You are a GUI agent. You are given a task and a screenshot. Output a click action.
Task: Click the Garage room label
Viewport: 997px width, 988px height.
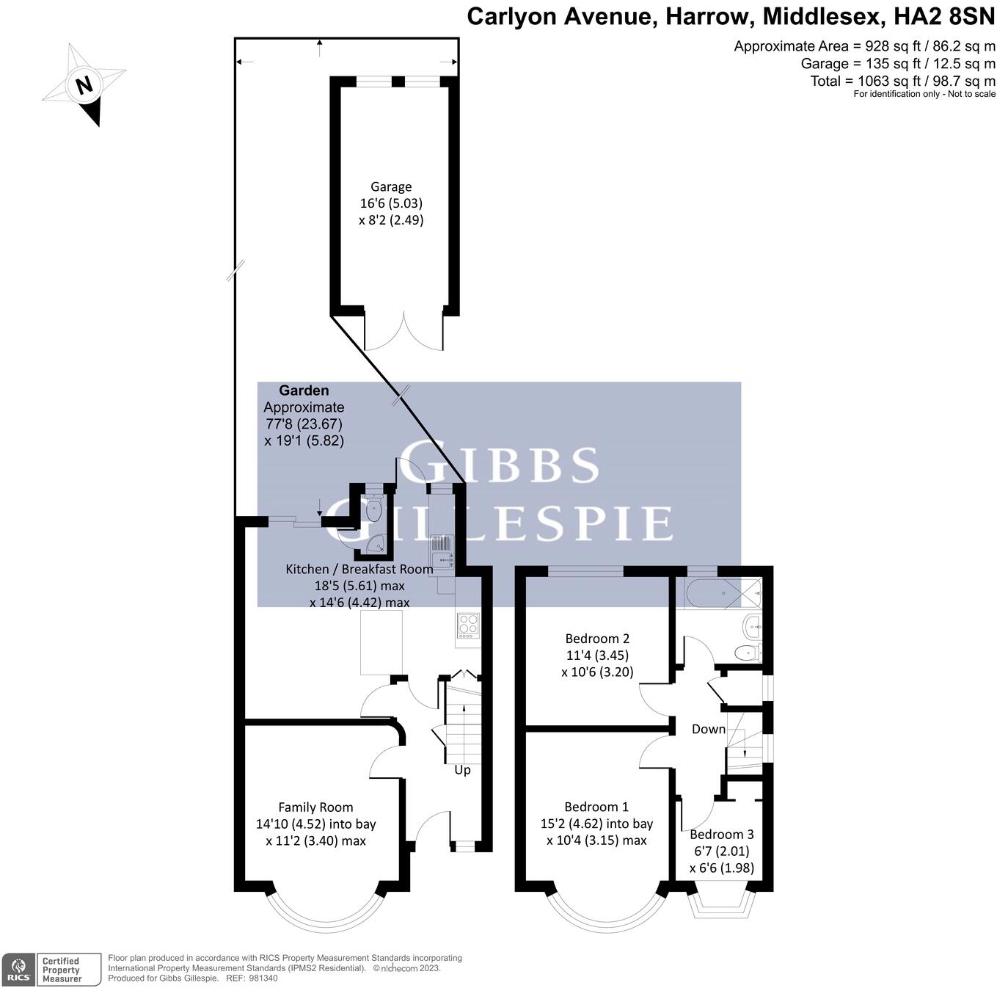coord(391,186)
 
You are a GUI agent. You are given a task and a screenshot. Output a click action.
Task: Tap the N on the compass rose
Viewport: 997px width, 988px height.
coord(84,84)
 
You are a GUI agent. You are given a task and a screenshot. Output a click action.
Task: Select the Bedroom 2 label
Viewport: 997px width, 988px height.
coord(597,639)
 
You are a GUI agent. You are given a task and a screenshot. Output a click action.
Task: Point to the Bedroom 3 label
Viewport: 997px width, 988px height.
coord(722,834)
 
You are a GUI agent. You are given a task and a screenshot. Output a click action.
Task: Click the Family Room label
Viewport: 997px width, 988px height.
coord(315,807)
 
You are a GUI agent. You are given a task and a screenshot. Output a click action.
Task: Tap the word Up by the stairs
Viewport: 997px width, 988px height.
coord(462,771)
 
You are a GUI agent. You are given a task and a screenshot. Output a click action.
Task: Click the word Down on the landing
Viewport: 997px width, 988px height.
coord(708,729)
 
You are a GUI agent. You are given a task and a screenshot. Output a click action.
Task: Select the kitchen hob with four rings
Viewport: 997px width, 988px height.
coord(468,625)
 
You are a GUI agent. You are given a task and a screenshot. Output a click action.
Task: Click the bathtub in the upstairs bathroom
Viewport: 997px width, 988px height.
coord(723,593)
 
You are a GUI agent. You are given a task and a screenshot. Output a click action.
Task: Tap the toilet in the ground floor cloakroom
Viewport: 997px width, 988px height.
coord(373,509)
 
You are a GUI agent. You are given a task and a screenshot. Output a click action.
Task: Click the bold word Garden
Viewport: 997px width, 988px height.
coord(304,391)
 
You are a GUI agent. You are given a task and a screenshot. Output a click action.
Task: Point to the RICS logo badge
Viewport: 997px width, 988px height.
coord(18,970)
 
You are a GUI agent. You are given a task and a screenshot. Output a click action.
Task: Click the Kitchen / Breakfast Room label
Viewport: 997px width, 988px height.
coord(359,569)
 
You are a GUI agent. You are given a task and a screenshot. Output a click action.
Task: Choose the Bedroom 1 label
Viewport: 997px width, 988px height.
coord(596,807)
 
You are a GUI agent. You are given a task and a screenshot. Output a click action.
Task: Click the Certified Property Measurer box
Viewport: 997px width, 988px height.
coord(68,970)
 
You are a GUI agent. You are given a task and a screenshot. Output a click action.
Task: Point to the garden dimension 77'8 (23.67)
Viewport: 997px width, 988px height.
coord(304,424)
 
